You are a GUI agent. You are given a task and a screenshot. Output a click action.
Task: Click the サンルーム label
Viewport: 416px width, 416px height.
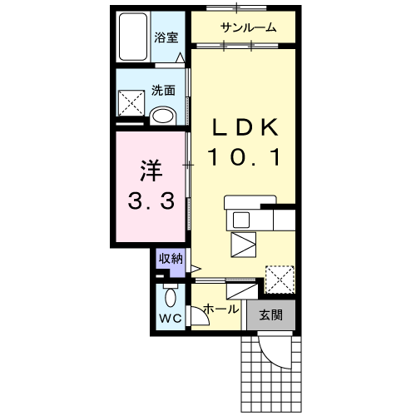[x=248, y=27]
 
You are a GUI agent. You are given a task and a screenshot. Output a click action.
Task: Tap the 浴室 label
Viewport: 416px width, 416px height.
[x=166, y=37]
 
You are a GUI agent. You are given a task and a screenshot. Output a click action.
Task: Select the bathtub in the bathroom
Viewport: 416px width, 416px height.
[x=133, y=37]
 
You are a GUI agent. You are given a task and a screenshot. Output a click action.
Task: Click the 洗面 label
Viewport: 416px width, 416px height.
[x=163, y=91]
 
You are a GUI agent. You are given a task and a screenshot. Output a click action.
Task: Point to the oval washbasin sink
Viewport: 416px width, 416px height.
[x=162, y=116]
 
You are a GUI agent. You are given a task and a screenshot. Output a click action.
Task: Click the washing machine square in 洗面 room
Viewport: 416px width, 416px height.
[x=131, y=103]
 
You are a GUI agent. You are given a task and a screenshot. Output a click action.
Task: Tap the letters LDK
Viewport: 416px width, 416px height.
[x=245, y=127]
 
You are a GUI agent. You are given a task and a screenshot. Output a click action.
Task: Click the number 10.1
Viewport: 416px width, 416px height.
[x=244, y=157]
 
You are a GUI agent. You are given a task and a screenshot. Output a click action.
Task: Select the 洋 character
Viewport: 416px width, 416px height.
[x=151, y=171]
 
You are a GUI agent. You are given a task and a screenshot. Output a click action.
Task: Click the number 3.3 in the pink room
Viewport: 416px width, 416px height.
[x=151, y=201]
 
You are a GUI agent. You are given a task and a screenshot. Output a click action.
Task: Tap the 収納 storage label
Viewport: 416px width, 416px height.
[x=171, y=259]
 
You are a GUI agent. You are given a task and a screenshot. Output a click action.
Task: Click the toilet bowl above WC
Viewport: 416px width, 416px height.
[x=171, y=297]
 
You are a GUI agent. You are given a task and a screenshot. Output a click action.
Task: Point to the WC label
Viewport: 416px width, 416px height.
[x=171, y=319]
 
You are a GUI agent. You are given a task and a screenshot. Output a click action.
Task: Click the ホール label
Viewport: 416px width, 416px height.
[x=221, y=309]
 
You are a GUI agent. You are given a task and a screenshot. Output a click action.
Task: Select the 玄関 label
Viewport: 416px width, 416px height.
[x=271, y=315]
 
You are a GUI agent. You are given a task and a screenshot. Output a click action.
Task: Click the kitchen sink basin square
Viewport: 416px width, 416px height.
[x=241, y=220]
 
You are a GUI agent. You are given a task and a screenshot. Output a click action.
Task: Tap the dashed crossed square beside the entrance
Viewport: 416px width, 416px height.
[x=280, y=280]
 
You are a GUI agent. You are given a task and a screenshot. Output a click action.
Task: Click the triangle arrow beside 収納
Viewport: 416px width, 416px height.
[x=196, y=269]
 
